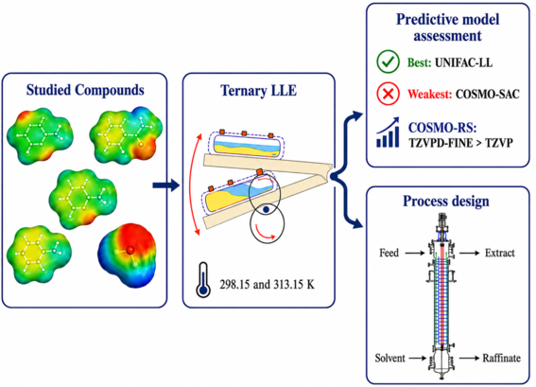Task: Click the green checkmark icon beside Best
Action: (x=388, y=62)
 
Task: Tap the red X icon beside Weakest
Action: (x=388, y=94)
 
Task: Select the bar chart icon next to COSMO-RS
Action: (x=388, y=132)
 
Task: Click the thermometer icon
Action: (x=203, y=279)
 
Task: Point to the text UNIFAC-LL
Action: (x=463, y=62)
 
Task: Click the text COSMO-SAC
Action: (x=488, y=94)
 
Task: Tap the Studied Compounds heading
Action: (x=85, y=90)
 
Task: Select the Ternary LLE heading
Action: (x=258, y=90)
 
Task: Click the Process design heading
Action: (x=446, y=201)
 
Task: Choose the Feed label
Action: (x=389, y=253)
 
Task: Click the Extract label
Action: (x=500, y=253)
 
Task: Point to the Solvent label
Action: (x=390, y=358)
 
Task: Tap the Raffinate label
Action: (x=501, y=358)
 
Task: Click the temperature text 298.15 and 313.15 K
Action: (x=267, y=285)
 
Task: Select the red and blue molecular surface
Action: (x=127, y=255)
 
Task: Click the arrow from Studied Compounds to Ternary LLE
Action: (x=165, y=185)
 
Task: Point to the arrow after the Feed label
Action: (x=415, y=254)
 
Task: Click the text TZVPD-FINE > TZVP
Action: (x=460, y=143)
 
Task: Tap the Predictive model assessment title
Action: (x=447, y=27)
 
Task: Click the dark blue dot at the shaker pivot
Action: (x=267, y=208)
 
